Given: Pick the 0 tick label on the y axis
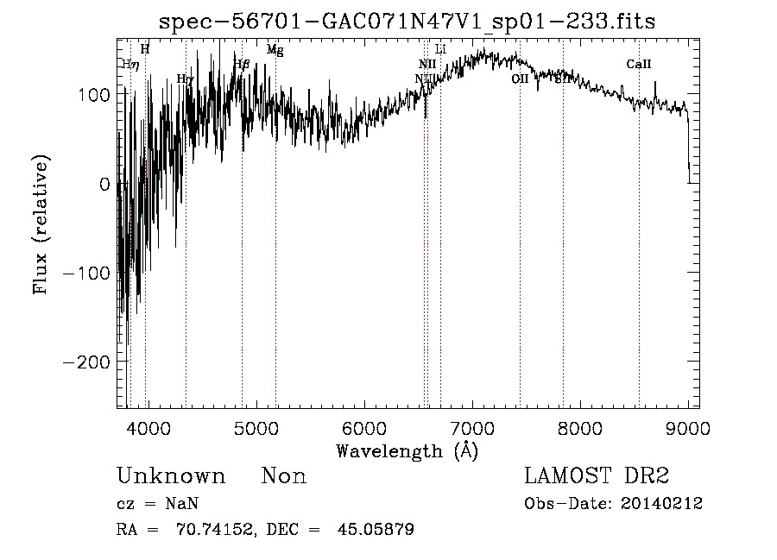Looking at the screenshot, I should (104, 184).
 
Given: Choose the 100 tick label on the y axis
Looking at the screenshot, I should (93, 94).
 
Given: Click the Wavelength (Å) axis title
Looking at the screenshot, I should (407, 450).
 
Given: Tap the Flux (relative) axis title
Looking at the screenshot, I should (42, 223).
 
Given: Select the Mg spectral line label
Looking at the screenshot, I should (275, 50).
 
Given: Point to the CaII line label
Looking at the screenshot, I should (639, 64).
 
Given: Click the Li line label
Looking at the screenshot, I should (440, 49).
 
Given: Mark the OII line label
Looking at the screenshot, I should (520, 79).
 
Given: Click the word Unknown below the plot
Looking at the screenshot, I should (171, 476).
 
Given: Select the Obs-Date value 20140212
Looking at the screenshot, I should (662, 504).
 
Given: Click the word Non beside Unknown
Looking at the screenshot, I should (284, 476).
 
